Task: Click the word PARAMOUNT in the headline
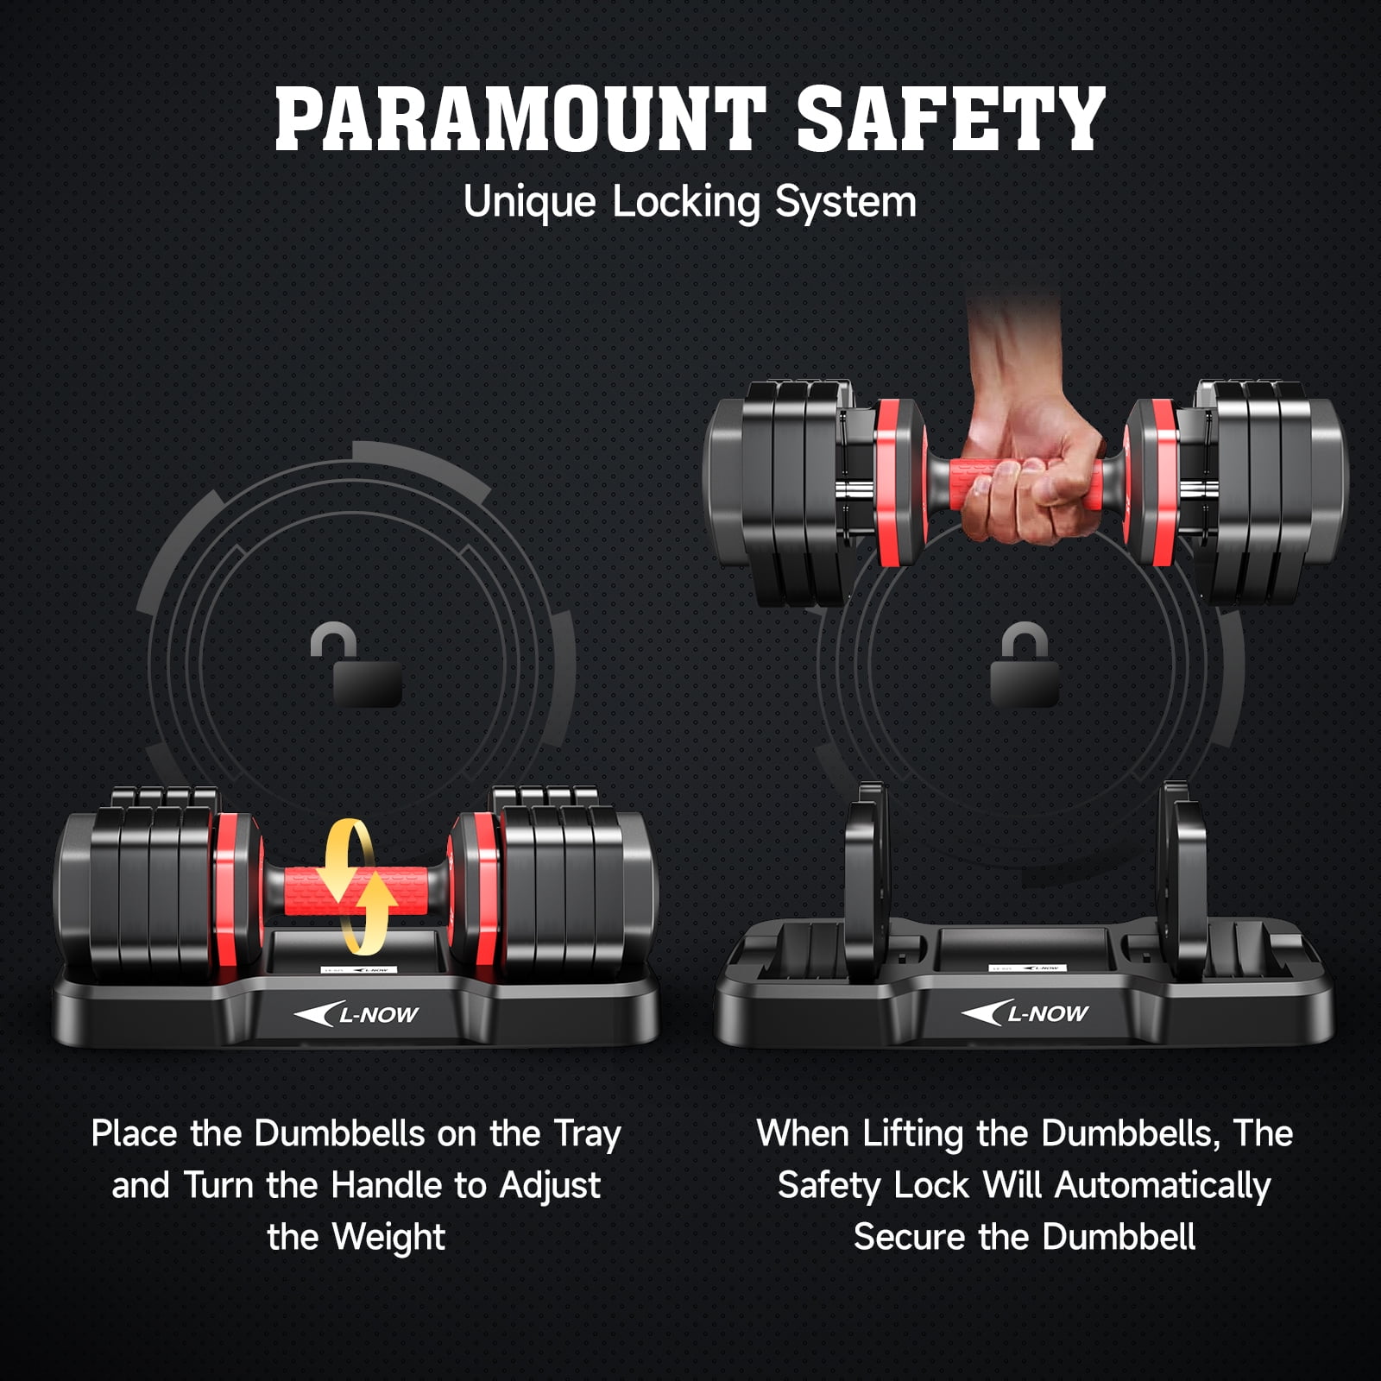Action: coord(520,119)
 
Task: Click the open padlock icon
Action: coord(356,665)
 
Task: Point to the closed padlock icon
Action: coord(1025,665)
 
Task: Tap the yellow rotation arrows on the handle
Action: coord(356,886)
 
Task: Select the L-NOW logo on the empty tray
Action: coord(1025,1012)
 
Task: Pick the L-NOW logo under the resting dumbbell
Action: coord(356,1014)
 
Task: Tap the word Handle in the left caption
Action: coord(394,1185)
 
